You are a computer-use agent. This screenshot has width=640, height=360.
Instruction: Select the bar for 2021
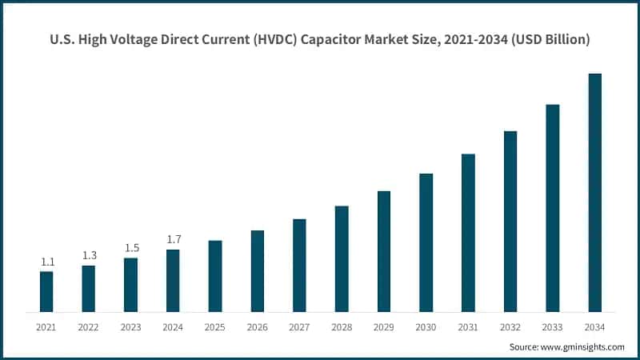coord(46,292)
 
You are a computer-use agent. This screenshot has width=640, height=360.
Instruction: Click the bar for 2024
coord(173,281)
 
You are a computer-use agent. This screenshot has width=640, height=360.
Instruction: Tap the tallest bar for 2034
coord(595,193)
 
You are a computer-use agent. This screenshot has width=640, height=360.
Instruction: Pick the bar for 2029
coord(384,251)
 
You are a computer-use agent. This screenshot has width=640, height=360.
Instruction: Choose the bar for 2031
coord(468,233)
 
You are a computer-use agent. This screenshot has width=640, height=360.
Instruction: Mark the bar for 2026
coord(258,271)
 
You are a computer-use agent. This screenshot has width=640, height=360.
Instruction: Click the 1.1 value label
coord(47,262)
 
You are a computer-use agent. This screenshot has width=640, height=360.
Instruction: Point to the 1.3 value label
coord(89,255)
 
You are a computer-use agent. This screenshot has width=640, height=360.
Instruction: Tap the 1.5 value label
coord(131,248)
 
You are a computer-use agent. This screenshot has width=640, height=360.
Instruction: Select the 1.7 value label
coord(174,239)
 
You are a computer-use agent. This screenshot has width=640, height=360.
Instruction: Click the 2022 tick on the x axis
coord(89,327)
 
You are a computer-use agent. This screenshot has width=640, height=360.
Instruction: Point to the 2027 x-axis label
coord(299,327)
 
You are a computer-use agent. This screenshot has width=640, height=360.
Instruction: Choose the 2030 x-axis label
coord(426,327)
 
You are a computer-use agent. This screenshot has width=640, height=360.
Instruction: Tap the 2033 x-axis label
coord(552,327)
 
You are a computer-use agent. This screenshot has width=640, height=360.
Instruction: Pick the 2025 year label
coord(215,327)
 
